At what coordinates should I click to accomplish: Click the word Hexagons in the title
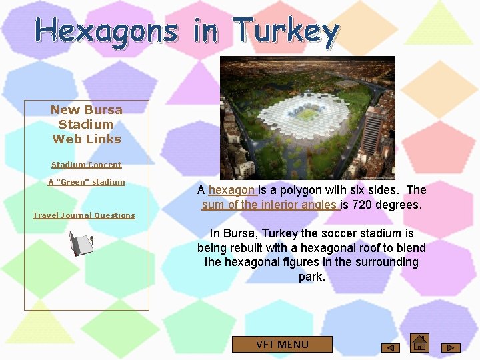[106, 31]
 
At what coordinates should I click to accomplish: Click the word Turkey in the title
[286, 31]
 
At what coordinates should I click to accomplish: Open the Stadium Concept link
[87, 165]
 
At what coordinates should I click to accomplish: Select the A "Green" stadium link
[87, 182]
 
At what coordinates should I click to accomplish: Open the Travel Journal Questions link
[84, 215]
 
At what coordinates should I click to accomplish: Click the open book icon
[81, 243]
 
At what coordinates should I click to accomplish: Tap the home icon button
[419, 342]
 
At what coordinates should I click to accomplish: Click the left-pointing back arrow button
[390, 347]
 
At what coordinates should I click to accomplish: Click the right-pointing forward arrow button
[451, 347]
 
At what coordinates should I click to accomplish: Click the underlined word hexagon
[231, 190]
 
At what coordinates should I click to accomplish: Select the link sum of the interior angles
[270, 205]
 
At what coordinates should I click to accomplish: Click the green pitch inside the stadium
[305, 114]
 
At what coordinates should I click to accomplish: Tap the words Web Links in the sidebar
[87, 139]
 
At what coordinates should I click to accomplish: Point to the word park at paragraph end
[310, 276]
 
